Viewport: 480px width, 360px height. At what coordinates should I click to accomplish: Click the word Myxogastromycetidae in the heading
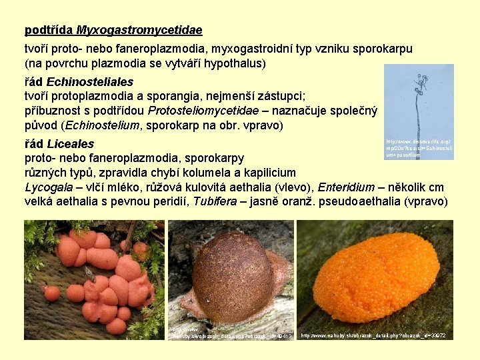coord(139,30)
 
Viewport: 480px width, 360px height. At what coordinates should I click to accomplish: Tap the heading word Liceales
coord(69,143)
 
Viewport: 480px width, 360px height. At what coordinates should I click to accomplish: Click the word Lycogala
coord(47,187)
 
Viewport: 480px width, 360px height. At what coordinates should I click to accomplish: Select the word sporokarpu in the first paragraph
coord(382,49)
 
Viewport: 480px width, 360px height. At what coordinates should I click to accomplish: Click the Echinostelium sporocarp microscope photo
coord(419,100)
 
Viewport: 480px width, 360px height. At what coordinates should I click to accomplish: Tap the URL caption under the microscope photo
coord(419,148)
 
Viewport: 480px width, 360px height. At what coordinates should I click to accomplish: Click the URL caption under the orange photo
coord(373,335)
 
